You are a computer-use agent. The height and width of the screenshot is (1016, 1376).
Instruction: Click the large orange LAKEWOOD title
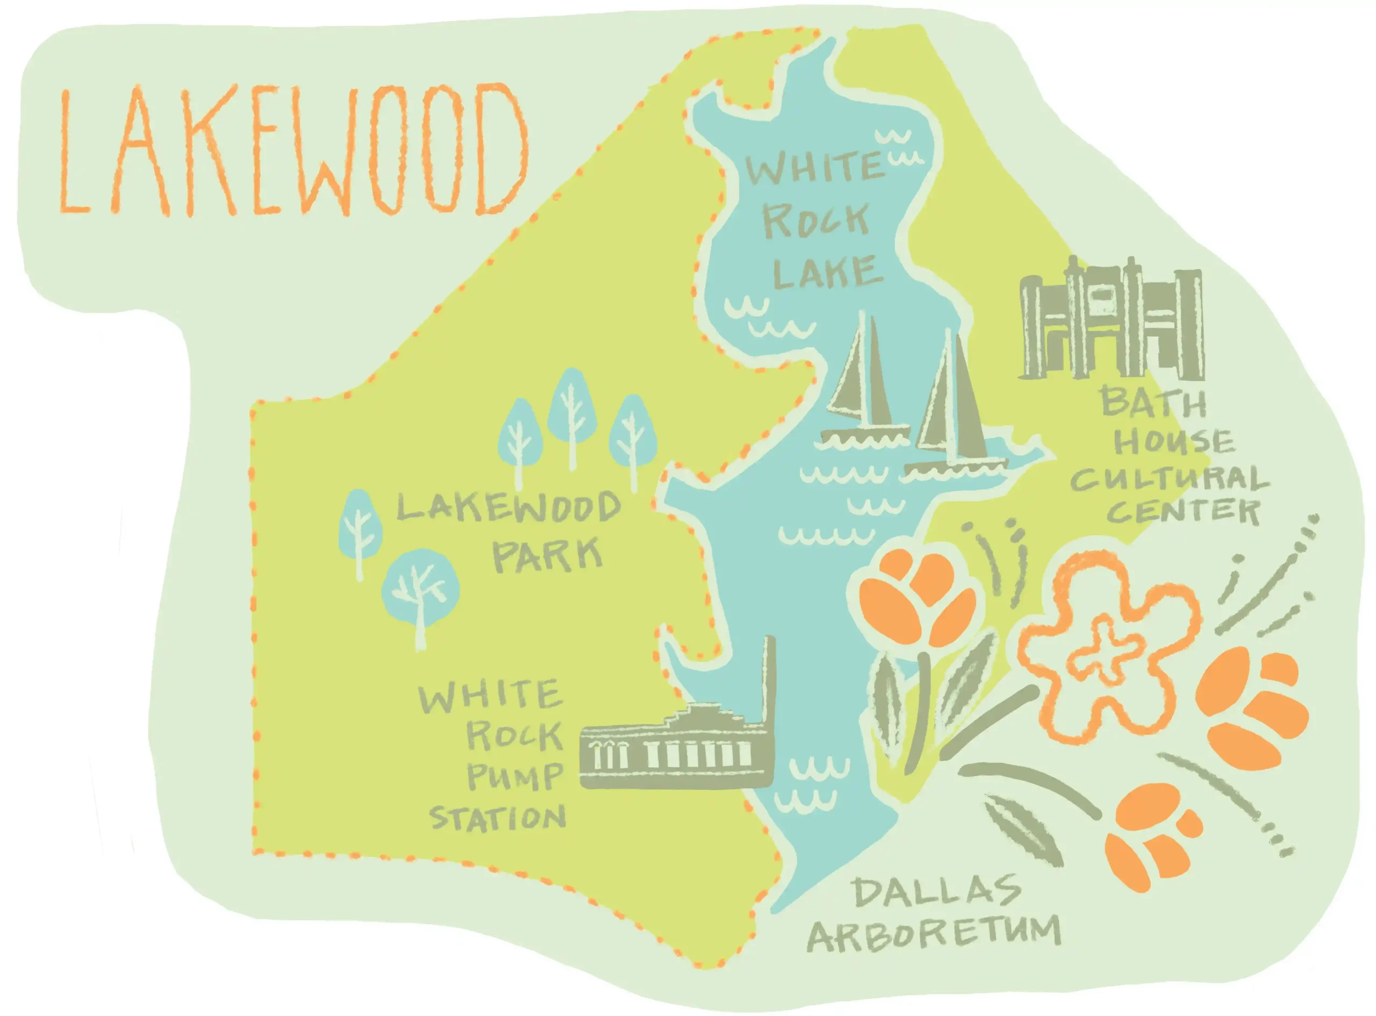pos(292,151)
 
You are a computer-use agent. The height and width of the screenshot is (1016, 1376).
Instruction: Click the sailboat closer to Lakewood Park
pos(864,393)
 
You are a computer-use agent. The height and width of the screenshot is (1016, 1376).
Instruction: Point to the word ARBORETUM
pos(935,935)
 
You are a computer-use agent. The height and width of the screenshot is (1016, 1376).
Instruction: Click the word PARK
pos(547,555)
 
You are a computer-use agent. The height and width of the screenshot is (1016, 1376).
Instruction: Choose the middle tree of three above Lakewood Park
pos(572,409)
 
